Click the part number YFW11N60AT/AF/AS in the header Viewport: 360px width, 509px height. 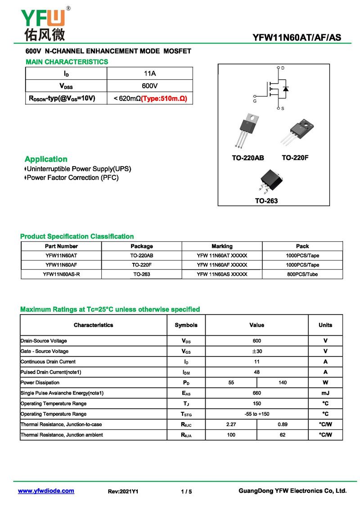[297, 38]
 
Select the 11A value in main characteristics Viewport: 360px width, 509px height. [150, 73]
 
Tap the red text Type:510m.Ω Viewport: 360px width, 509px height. [164, 98]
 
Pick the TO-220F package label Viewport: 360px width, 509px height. [295, 158]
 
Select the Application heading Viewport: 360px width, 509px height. [46, 159]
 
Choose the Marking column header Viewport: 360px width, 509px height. [222, 246]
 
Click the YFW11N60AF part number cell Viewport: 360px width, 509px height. [61, 265]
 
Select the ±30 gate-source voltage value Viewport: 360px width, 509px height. [256, 351]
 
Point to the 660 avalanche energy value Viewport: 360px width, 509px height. [256, 393]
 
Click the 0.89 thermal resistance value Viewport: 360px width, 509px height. [283, 424]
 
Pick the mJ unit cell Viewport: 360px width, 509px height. [325, 393]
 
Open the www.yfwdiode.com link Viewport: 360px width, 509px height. [46, 491]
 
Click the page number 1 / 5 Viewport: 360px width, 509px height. [186, 491]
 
